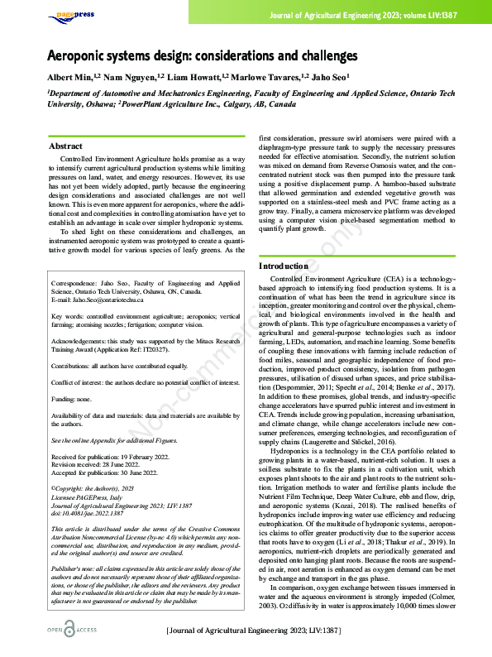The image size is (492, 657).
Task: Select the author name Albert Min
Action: pos(71,76)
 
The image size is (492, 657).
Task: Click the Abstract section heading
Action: pos(65,146)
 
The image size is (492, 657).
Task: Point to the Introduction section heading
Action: pos(284,266)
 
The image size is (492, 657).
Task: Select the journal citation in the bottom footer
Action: pos(253,631)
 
